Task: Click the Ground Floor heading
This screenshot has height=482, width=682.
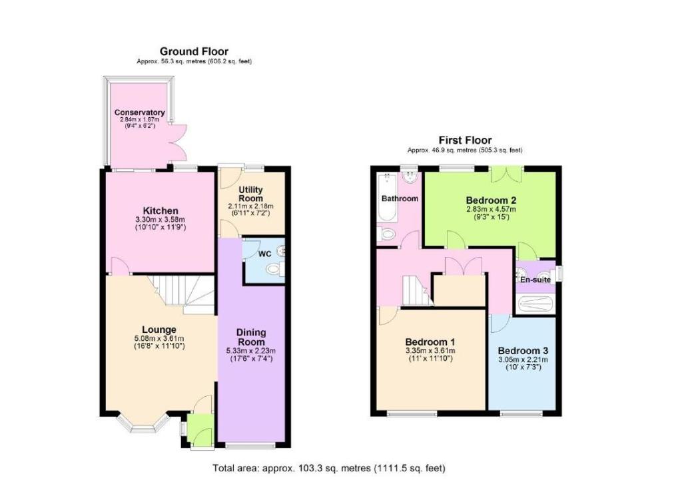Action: pyautogui.click(x=194, y=52)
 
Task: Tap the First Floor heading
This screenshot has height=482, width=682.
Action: pyautogui.click(x=465, y=140)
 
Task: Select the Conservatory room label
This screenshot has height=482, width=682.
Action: pyautogui.click(x=139, y=113)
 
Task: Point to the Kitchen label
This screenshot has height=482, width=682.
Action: pyautogui.click(x=161, y=211)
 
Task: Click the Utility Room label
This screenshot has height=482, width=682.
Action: pyautogui.click(x=251, y=194)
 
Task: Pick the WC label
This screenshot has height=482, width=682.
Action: pyautogui.click(x=265, y=254)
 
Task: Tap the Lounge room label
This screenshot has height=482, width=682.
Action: pyautogui.click(x=159, y=330)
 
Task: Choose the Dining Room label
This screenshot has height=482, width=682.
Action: pyautogui.click(x=251, y=338)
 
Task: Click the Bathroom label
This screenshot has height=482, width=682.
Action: pyautogui.click(x=400, y=198)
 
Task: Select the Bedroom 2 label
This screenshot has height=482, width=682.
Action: pyautogui.click(x=491, y=200)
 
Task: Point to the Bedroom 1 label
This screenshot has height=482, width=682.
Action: pyautogui.click(x=430, y=342)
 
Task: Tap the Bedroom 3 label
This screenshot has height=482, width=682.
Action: pyautogui.click(x=523, y=351)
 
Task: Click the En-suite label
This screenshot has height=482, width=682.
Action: pyautogui.click(x=535, y=280)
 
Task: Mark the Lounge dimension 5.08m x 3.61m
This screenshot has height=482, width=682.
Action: pyautogui.click(x=159, y=339)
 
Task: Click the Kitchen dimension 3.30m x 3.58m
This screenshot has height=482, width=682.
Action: pyautogui.click(x=161, y=220)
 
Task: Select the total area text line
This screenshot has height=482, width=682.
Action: pyautogui.click(x=329, y=468)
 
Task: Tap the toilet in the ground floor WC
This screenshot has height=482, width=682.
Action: pyautogui.click(x=274, y=270)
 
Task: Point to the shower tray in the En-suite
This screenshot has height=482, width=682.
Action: pyautogui.click(x=535, y=304)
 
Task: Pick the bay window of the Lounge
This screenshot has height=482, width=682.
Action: pyautogui.click(x=143, y=425)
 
